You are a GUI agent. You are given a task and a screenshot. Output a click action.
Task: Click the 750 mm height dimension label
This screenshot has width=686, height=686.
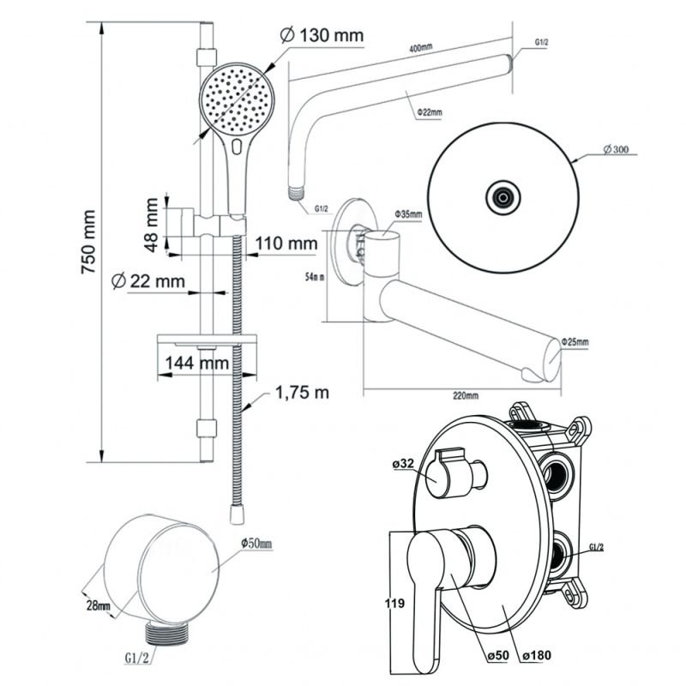click(x=89, y=242)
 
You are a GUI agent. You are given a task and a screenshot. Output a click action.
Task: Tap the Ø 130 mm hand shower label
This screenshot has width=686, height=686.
click(x=322, y=35)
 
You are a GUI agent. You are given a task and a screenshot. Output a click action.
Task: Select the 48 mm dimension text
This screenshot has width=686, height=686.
click(x=152, y=225)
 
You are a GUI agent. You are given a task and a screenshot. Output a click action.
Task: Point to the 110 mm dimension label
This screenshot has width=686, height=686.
click(x=286, y=244)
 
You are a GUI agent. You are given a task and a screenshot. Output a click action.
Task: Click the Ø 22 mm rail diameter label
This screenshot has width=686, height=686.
click(x=148, y=280)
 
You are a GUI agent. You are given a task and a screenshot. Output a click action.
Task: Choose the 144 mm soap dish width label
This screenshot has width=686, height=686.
click(x=197, y=363)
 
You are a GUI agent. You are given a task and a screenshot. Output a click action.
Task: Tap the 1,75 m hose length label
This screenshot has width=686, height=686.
click(x=302, y=393)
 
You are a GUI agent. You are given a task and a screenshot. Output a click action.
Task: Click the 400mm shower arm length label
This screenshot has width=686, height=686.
click(x=421, y=48)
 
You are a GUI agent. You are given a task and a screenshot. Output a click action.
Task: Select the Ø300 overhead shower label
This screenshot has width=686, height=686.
click(x=616, y=149)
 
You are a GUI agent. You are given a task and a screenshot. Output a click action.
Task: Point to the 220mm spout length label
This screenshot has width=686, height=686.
click(x=466, y=395)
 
